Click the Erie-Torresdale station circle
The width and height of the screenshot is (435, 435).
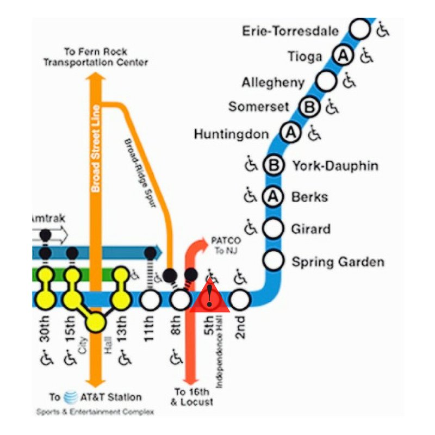[x=359, y=29]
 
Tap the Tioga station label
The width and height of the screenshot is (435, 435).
[x=304, y=56]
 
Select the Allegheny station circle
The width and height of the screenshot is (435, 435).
[x=326, y=82]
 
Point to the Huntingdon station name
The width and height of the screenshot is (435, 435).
[x=231, y=134]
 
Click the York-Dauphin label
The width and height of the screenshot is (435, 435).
[x=335, y=165]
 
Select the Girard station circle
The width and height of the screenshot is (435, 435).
[x=274, y=228]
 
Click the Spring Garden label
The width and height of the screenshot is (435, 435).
[x=338, y=262]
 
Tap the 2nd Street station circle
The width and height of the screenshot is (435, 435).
[x=240, y=299]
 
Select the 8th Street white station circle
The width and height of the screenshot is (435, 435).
[x=180, y=299]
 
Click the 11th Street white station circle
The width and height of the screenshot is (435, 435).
[x=151, y=299]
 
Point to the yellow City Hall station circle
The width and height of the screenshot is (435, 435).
[x=95, y=322]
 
